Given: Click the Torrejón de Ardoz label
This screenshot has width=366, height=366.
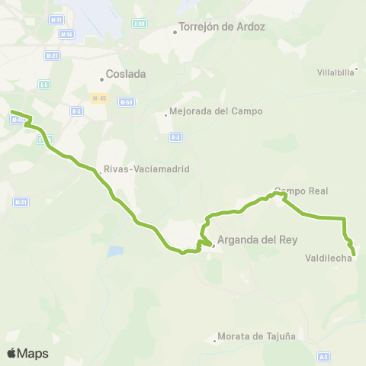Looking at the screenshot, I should (221, 27).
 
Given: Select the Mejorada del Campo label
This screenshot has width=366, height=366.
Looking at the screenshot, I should (217, 111).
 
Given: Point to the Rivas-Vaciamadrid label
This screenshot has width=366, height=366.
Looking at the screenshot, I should (146, 169).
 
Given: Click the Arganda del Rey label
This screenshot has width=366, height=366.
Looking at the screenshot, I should (256, 239).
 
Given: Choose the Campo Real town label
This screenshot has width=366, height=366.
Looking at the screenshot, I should (300, 191).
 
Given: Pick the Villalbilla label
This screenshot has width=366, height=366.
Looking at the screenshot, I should (335, 72).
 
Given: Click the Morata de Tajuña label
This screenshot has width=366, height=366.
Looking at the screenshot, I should (257, 335).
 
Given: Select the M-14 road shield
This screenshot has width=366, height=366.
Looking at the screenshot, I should (67, 34).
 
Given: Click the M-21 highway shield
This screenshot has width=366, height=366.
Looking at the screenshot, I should (52, 56).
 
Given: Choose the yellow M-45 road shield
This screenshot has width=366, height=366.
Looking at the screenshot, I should (98, 98).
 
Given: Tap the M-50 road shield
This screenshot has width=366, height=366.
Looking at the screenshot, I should (126, 101).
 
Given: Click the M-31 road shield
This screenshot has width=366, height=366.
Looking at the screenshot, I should (21, 202).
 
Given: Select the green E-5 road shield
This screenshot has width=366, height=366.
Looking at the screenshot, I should (44, 84).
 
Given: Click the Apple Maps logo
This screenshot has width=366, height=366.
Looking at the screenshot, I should (27, 353).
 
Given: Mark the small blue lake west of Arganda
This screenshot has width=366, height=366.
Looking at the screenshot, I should (115, 250).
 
